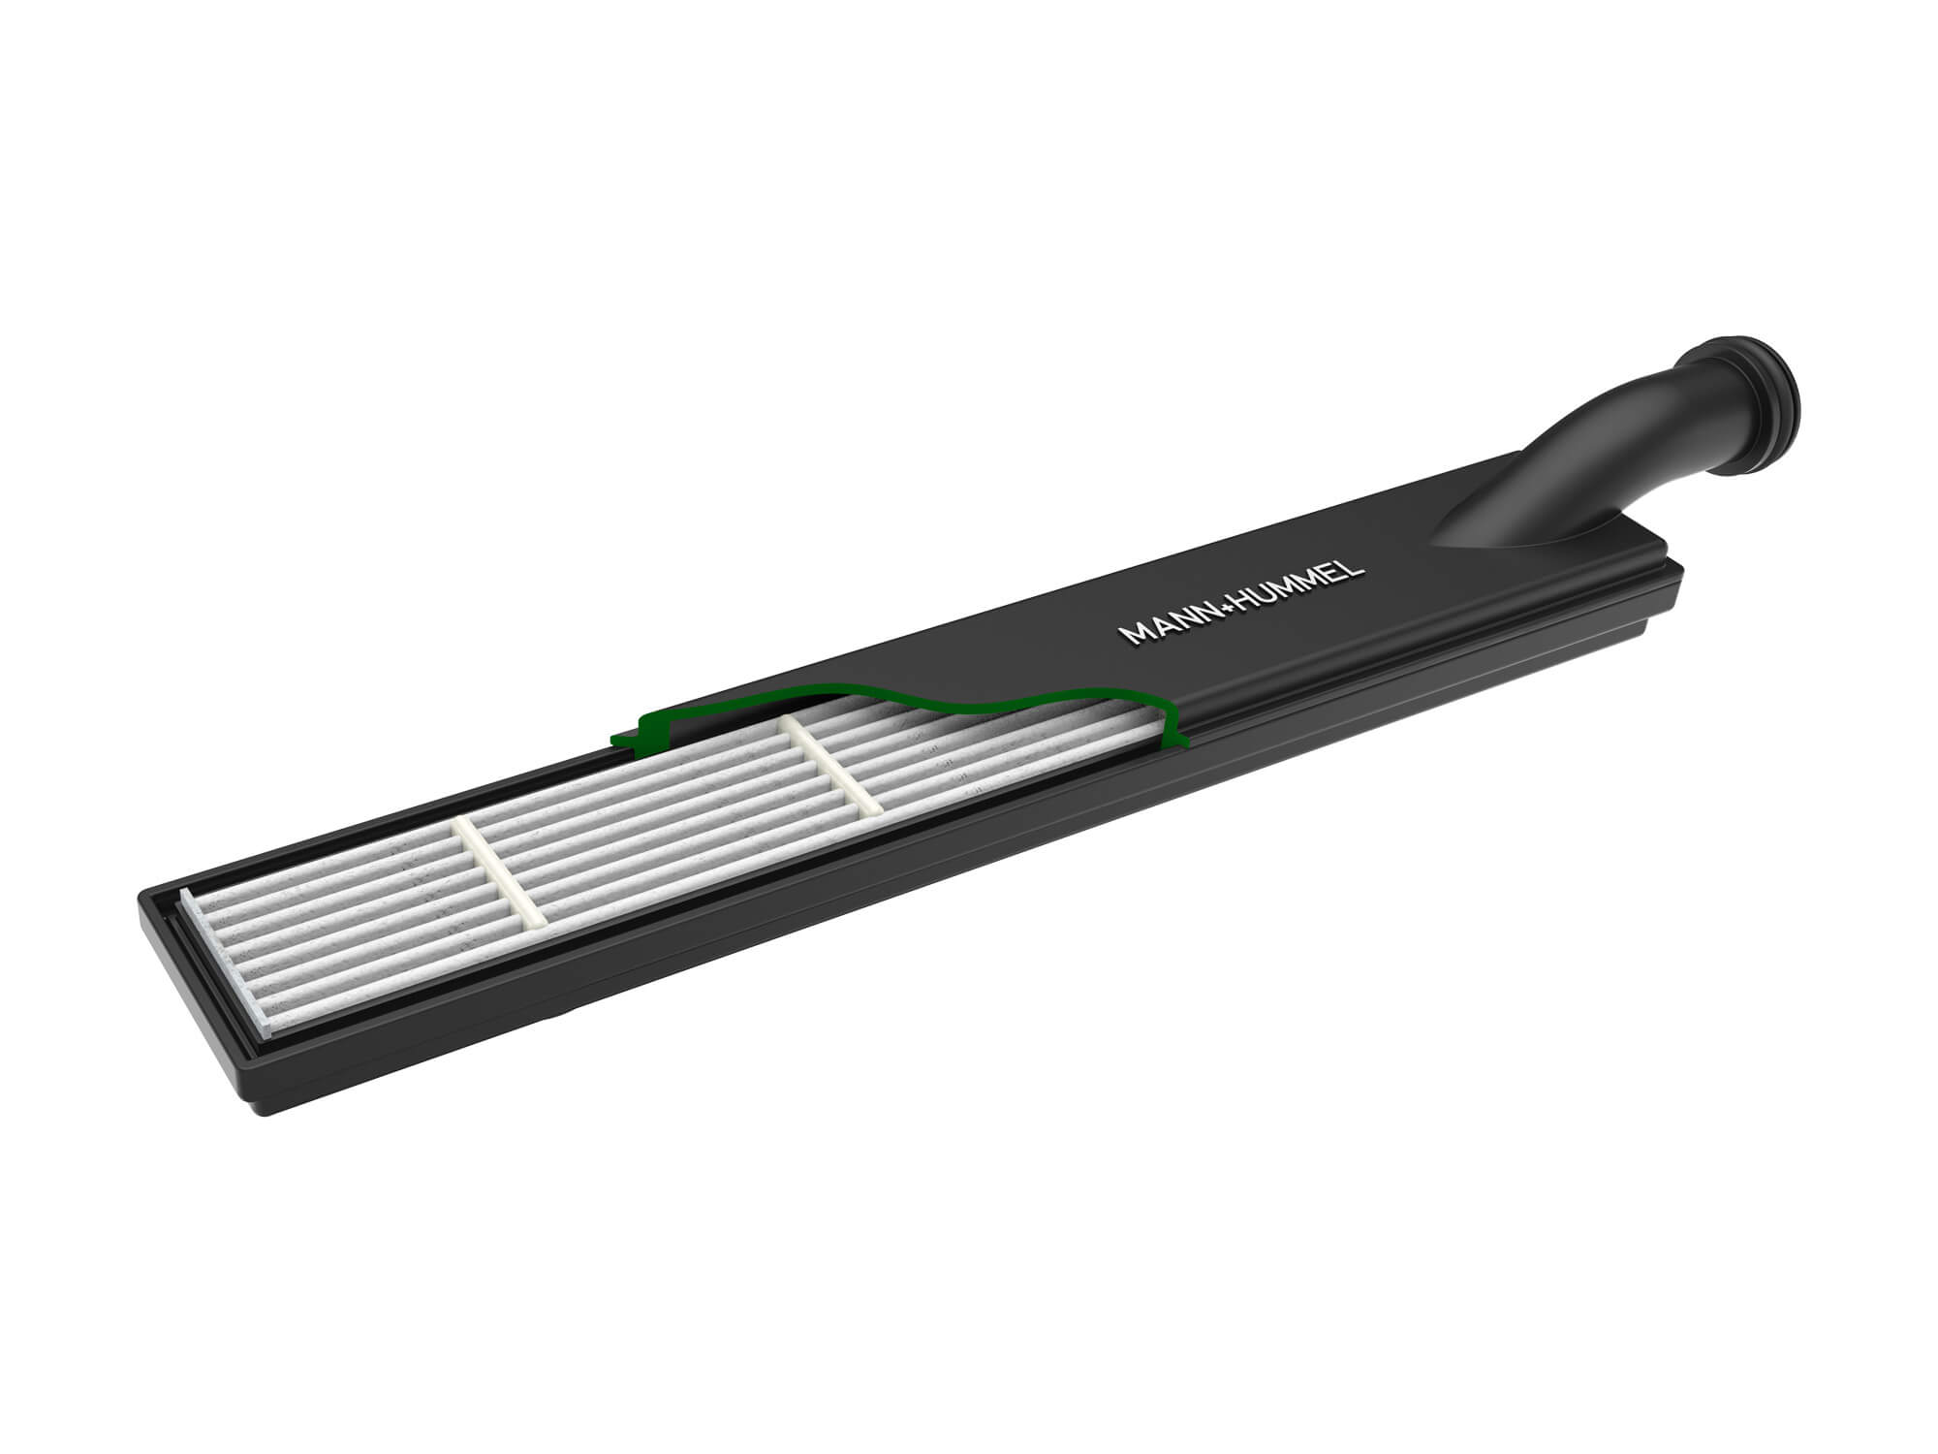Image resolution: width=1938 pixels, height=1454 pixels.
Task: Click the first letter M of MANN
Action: click(x=1130, y=634)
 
